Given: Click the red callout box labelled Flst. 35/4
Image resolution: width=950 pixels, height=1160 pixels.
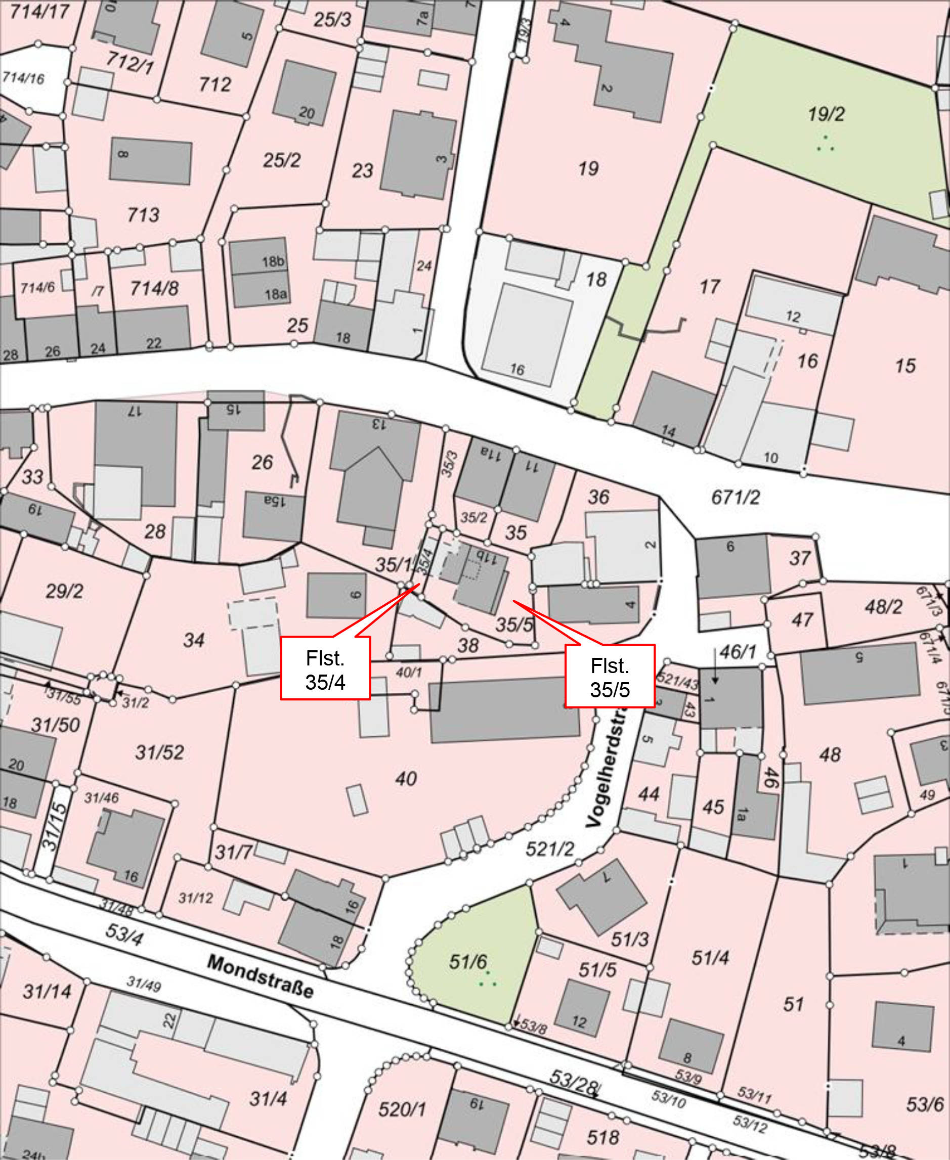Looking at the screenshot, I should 325,671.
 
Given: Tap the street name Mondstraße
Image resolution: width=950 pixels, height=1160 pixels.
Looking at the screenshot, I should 261,976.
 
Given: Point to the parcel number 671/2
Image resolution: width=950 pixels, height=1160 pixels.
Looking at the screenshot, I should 736,497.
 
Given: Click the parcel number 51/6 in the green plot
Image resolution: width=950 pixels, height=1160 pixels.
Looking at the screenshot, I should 468,961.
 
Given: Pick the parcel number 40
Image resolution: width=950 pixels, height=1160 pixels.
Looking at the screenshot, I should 406,778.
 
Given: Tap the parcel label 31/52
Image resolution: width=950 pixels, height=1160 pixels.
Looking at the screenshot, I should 160,752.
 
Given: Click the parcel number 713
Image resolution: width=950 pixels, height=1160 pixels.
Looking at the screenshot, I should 143,214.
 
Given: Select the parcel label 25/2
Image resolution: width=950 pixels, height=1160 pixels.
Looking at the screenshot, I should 282,160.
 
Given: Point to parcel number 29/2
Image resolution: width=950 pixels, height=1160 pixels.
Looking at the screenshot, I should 65,591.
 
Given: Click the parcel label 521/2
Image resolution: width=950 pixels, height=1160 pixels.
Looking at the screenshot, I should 549,849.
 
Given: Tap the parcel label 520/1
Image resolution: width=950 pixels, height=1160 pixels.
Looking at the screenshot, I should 402,1109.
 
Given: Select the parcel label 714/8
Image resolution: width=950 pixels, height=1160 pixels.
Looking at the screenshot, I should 154,288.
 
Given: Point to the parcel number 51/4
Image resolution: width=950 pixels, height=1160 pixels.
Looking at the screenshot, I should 710,957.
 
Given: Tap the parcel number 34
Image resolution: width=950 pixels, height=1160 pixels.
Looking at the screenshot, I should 194,639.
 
